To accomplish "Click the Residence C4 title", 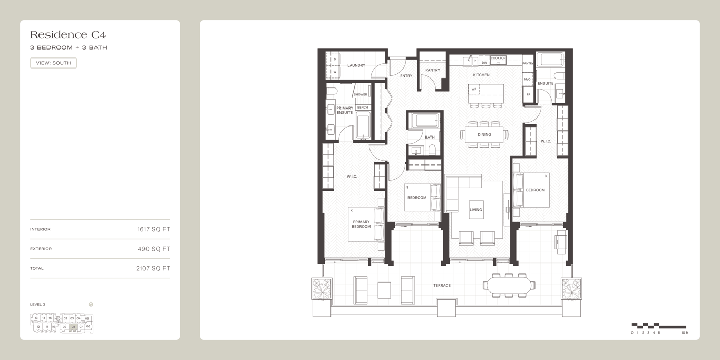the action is (x=68, y=35).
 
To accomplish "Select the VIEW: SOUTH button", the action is (x=53, y=63).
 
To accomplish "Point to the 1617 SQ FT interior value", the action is (x=153, y=229).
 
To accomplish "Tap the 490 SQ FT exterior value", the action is (x=153, y=249).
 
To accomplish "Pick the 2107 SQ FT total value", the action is (x=153, y=268).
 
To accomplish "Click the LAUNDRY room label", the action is (x=356, y=65).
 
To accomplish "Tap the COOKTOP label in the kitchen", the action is (x=498, y=58).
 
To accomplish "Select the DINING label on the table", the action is (x=484, y=135).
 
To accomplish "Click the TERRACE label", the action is (x=442, y=286).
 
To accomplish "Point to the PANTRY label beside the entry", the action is (x=433, y=70).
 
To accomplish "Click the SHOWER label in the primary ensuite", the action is (x=361, y=94).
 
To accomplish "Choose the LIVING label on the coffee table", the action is (x=476, y=210).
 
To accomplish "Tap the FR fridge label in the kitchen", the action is (x=528, y=95).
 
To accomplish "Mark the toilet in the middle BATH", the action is (x=432, y=150).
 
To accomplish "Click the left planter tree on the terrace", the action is (x=322, y=289).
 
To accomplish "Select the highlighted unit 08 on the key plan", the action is (x=73, y=327).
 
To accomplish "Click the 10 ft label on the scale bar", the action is (x=685, y=333).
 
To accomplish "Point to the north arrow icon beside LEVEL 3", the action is (x=91, y=305).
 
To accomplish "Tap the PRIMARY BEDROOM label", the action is (x=361, y=224).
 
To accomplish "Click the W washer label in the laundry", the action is (x=335, y=72).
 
